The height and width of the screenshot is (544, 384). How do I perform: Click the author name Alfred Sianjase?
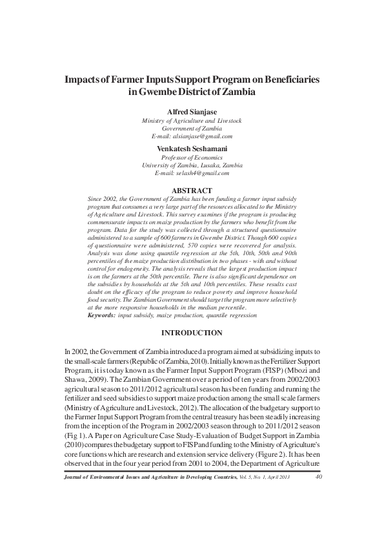(192, 111)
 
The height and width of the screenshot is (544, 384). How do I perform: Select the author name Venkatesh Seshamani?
(192, 148)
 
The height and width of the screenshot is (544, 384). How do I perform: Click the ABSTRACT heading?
(192, 190)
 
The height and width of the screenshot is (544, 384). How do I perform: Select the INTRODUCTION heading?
(192, 333)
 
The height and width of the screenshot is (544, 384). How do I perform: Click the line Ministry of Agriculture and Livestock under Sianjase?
(192, 120)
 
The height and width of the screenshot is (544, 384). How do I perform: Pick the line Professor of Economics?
(192, 157)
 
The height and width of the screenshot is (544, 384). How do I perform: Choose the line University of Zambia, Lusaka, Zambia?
(192, 165)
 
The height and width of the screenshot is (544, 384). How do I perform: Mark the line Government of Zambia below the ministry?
(192, 128)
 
